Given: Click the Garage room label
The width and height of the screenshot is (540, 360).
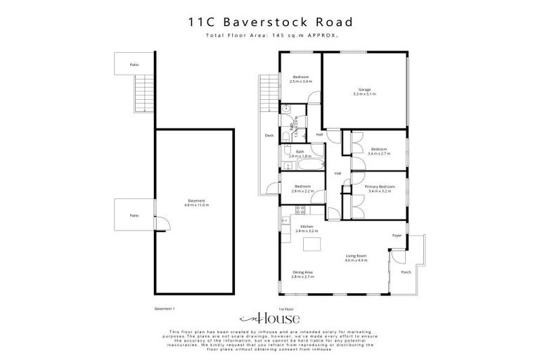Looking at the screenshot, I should coord(364,90).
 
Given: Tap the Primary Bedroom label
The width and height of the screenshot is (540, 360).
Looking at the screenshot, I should coord(380,186).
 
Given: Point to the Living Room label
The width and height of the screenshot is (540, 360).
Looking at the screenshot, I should coord(356,256).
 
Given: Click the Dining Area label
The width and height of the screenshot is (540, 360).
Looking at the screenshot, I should coord(303,272).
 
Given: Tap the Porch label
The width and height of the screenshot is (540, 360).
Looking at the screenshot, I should coord(406,272).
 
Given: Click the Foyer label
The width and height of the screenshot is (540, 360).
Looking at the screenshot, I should coord(397,236).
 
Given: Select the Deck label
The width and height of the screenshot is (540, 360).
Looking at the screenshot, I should coord(269,136).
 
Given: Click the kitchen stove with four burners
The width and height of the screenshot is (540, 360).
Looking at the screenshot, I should coord(300,209).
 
